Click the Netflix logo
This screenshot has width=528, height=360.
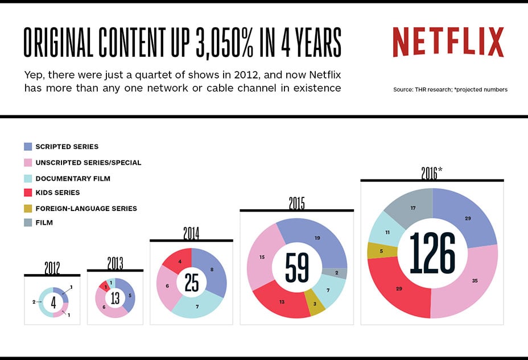click(x=448, y=43)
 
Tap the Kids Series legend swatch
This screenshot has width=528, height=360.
click(x=28, y=193)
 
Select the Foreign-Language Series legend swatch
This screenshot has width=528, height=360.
click(x=28, y=208)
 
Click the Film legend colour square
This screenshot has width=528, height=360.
click(x=28, y=223)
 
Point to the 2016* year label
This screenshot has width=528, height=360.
click(x=432, y=172)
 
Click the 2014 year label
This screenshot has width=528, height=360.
click(x=191, y=233)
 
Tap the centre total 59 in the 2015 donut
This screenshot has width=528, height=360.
click(x=297, y=267)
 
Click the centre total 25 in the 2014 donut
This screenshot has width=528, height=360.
click(x=191, y=283)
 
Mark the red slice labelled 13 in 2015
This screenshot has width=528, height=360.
click(x=281, y=301)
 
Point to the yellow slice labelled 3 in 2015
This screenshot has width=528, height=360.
click(x=315, y=303)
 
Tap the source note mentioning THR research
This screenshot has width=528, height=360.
click(x=450, y=90)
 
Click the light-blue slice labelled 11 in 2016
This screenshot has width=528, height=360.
click(x=386, y=232)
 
